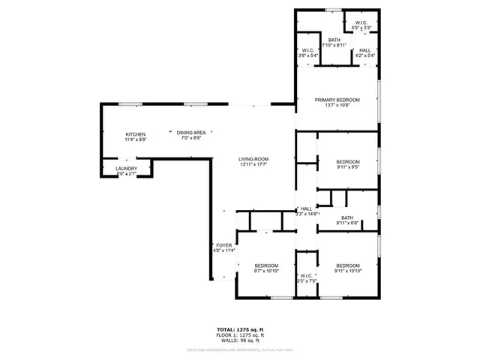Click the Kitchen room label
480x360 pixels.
click(136, 133)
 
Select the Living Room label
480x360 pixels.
click(253, 159)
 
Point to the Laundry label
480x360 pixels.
click(126, 169)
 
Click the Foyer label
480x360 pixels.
click(224, 245)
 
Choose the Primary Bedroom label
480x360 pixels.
click(337, 100)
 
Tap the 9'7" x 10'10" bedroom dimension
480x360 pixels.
click(265, 271)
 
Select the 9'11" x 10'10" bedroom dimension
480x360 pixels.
click(347, 271)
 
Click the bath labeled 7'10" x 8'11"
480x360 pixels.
click(334, 45)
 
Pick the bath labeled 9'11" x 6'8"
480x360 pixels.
click(347, 223)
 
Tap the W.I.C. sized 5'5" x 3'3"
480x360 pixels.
click(361, 28)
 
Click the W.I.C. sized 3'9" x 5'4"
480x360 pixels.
click(307, 55)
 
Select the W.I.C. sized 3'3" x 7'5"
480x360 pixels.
click(306, 280)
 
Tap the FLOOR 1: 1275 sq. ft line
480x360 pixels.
click(240, 334)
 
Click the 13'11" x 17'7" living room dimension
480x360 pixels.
click(253, 165)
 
